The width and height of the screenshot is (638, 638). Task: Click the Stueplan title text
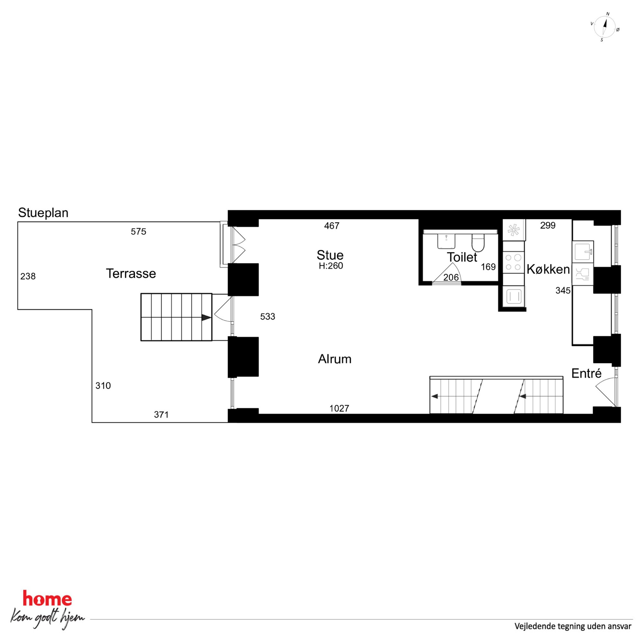(43, 213)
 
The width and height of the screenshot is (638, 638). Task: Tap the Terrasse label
(131, 273)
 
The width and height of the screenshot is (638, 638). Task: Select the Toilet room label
(462, 257)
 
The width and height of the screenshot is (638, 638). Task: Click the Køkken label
(548, 269)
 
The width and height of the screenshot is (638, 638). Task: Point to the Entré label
(587, 373)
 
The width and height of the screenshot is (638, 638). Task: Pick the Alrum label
(334, 359)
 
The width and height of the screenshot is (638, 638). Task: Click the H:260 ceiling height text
(331, 266)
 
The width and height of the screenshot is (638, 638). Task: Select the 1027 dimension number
(339, 408)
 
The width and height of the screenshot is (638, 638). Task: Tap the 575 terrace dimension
(138, 232)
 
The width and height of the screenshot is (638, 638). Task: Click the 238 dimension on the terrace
(28, 276)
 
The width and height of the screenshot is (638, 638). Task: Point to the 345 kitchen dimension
(563, 290)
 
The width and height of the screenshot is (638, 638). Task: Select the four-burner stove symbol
(514, 262)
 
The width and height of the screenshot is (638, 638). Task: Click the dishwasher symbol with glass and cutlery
(583, 274)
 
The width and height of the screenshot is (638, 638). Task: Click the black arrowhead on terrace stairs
(206, 317)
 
